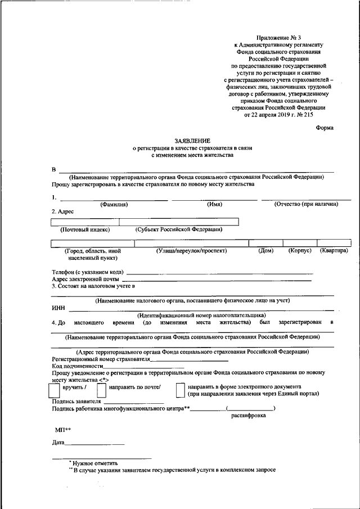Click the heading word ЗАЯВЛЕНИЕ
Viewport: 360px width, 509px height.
coord(192,140)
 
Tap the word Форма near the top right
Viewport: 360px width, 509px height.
coord(324,128)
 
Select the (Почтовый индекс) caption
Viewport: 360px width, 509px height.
coord(85,229)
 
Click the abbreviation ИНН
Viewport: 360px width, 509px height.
coord(58,308)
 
